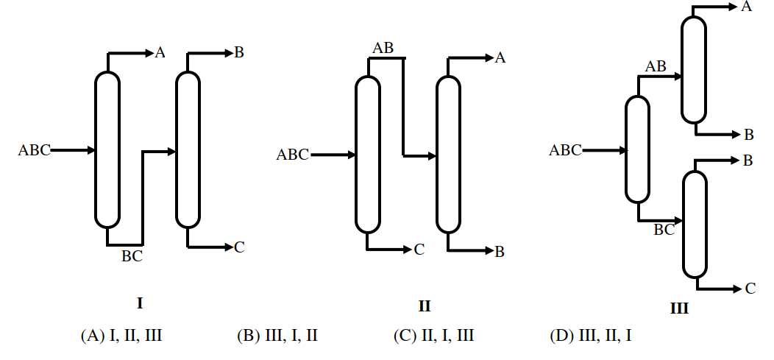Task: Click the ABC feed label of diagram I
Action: pos(34,150)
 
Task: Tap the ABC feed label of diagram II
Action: pos(293,155)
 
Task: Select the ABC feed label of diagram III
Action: pos(566,149)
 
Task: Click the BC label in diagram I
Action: pos(132,255)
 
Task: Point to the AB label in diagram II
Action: pos(383,48)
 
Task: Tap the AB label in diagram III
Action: pos(656,66)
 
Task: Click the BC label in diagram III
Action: pos(664,230)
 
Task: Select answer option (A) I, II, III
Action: pos(121,336)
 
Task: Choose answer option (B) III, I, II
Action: pos(277,336)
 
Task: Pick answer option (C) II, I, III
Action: pos(434,336)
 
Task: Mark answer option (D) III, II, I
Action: pos(590,336)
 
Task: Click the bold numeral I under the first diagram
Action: pos(140,303)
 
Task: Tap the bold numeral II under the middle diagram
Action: pos(425,306)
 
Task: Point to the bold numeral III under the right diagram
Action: pos(679,308)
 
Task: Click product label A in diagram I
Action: pos(160,52)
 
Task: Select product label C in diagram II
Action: pos(419,250)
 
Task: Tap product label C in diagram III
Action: pos(750,289)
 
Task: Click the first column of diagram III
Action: pos(637,149)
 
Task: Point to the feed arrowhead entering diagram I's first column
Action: pos(91,150)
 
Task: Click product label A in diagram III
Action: pos(747,7)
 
